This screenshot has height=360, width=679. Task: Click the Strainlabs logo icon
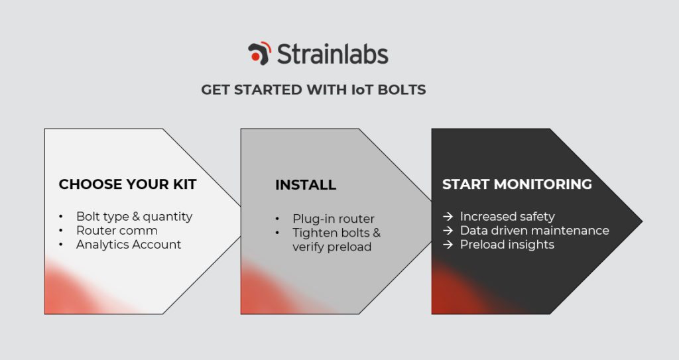click(260, 53)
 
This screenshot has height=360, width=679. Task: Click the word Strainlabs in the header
click(333, 54)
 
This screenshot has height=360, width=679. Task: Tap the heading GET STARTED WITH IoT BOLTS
click(314, 90)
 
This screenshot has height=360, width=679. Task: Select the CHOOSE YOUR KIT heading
click(127, 184)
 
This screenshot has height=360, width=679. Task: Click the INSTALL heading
click(306, 185)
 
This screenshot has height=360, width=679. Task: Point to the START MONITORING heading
click(517, 184)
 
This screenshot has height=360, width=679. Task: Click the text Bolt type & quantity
click(134, 217)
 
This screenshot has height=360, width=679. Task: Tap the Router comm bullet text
click(117, 231)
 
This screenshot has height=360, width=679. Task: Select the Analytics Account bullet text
click(129, 245)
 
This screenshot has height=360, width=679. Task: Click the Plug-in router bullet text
click(334, 219)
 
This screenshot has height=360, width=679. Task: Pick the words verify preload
click(332, 247)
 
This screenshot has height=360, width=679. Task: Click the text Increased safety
click(507, 217)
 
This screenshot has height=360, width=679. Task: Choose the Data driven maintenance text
click(534, 231)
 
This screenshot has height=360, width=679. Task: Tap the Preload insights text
click(507, 245)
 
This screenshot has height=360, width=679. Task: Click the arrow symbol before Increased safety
click(448, 217)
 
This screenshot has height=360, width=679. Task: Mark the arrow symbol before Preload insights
click(448, 245)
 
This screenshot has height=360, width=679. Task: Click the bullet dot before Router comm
click(61, 231)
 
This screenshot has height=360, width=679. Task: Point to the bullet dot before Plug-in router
click(277, 219)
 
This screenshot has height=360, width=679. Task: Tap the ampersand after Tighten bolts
click(377, 233)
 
